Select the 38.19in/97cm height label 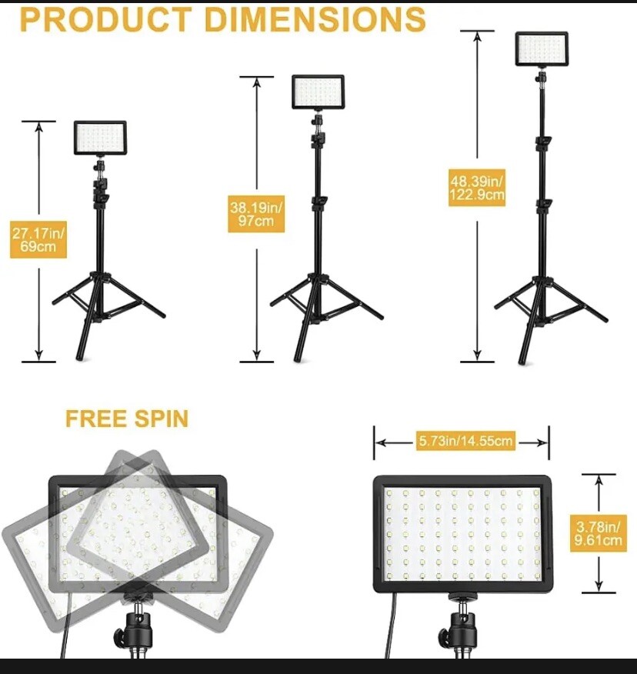(x=257, y=215)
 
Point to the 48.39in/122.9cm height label (x=478, y=189)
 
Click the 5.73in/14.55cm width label (x=465, y=442)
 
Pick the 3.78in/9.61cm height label (x=599, y=534)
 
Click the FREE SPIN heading (x=127, y=419)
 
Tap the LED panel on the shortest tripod (x=100, y=138)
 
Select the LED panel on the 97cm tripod (x=318, y=92)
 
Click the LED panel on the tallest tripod (x=542, y=48)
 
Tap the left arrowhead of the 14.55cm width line (x=380, y=442)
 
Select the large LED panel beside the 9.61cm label (x=463, y=534)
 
